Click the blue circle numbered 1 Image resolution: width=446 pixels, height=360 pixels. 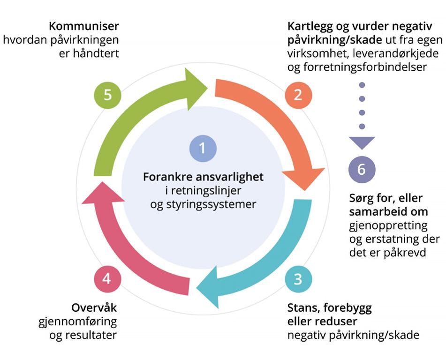click(x=203, y=149)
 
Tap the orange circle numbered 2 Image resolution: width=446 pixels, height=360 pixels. click(x=297, y=95)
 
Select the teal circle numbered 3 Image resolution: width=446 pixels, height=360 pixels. click(x=297, y=280)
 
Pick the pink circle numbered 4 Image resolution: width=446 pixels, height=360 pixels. click(x=107, y=279)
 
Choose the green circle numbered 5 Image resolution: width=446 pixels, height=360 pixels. click(x=107, y=95)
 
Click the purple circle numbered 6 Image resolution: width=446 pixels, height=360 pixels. click(x=362, y=169)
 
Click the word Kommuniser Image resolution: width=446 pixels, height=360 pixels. click(x=84, y=25)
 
